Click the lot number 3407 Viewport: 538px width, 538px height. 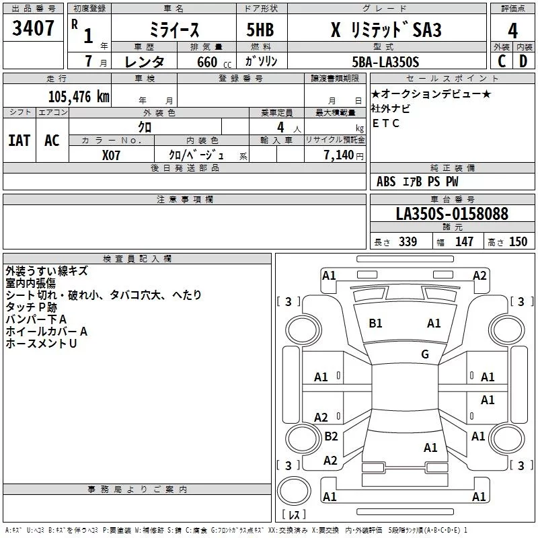pyautogui.click(x=33, y=28)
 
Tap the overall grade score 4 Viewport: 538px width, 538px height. pyautogui.click(x=512, y=30)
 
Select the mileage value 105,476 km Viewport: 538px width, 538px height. pyautogui.click(x=79, y=96)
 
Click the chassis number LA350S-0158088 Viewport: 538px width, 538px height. pyautogui.click(x=452, y=213)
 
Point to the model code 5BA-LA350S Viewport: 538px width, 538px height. pyautogui.click(x=385, y=62)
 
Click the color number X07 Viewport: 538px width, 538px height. pyautogui.click(x=111, y=155)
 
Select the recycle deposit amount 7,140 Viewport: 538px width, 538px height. pyautogui.click(x=339, y=155)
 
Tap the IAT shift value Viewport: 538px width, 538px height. pyautogui.click(x=20, y=141)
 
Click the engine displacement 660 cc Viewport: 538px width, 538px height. pyautogui.click(x=214, y=63)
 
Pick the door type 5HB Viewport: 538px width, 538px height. pyautogui.click(x=260, y=30)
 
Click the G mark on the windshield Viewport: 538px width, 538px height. pyautogui.click(x=425, y=354)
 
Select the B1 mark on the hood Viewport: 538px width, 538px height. pyautogui.click(x=375, y=323)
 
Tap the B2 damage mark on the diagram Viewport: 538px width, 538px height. pyautogui.click(x=331, y=436)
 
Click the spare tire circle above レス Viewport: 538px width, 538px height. pyautogui.click(x=294, y=490)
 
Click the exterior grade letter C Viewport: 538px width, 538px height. pyautogui.click(x=502, y=61)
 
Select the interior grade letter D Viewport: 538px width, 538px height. pyautogui.click(x=523, y=61)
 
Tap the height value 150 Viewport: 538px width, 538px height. pyautogui.click(x=518, y=241)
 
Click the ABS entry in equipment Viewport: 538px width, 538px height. pyautogui.click(x=386, y=182)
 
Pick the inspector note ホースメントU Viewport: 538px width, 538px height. pyautogui.click(x=41, y=344)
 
